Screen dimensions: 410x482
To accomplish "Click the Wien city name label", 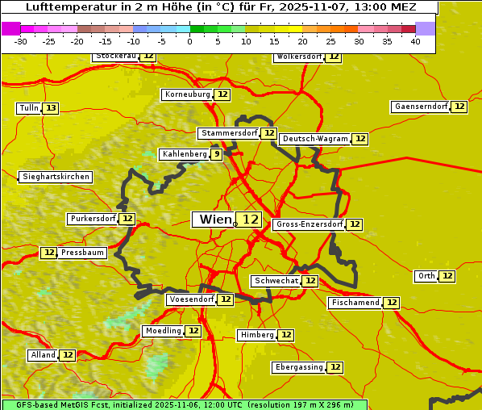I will click(x=215, y=220).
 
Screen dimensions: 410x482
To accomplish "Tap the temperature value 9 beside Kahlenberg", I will click(x=217, y=154).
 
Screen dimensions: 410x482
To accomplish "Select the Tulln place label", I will click(x=28, y=108).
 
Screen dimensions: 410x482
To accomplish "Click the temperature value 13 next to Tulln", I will click(x=51, y=108).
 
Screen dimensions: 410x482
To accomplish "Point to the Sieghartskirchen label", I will click(x=56, y=177).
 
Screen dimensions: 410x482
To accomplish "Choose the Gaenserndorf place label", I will click(x=420, y=107).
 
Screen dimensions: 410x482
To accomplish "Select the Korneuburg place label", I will click(x=188, y=94).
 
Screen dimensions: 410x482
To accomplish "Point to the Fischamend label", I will click(x=355, y=303).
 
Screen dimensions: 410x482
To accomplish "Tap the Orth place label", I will click(x=426, y=276).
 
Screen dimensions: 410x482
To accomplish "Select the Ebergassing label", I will click(x=299, y=367).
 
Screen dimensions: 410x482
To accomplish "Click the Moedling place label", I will click(x=163, y=331).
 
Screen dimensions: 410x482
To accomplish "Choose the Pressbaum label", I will click(x=82, y=253).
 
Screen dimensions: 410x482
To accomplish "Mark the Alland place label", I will click(x=43, y=355).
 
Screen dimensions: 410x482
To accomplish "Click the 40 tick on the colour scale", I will click(x=415, y=42).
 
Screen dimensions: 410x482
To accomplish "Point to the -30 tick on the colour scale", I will click(x=21, y=42).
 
